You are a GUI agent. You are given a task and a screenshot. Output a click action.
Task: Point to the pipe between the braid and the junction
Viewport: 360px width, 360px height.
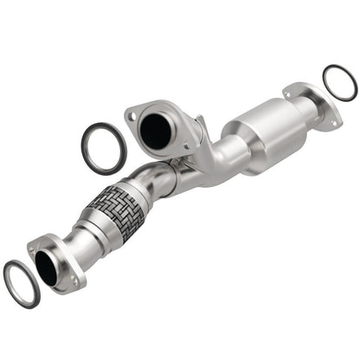point(160,177)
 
